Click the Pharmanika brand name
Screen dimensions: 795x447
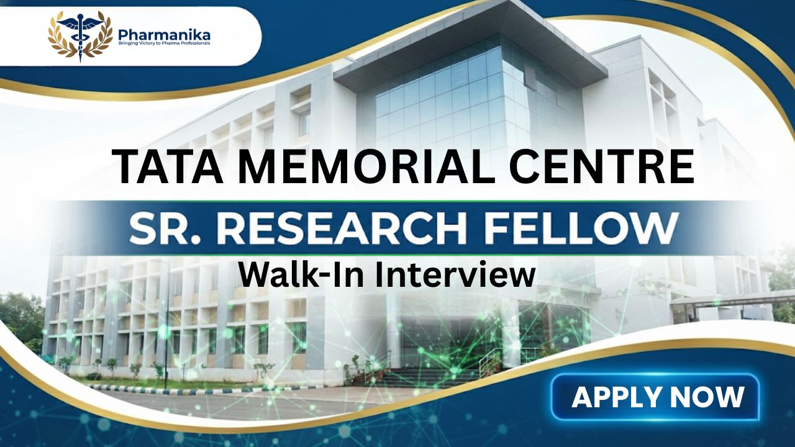pos(164,34)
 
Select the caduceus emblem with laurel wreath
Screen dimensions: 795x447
pos(80,37)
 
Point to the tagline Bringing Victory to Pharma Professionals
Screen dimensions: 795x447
pos(164,43)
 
